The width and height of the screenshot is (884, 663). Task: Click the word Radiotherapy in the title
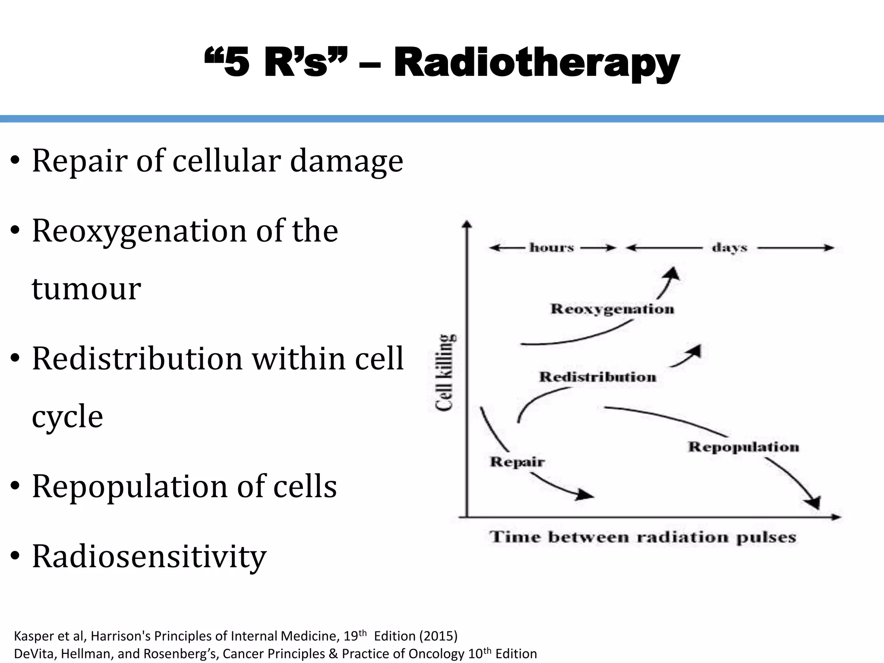coord(537,64)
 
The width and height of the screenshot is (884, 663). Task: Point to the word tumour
coord(86,289)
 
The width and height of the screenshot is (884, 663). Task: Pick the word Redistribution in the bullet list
coord(137,359)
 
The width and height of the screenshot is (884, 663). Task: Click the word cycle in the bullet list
coord(67,417)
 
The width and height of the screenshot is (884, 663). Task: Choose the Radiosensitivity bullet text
coord(149,556)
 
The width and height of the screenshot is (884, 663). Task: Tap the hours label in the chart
coord(552,248)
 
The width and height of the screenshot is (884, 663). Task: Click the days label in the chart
coord(729,248)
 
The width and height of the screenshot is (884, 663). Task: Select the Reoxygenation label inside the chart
coord(612,309)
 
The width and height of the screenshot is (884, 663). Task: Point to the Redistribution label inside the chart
coord(597,377)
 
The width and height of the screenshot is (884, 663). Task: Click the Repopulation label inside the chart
coord(743,447)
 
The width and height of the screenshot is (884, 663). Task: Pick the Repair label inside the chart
coord(517,462)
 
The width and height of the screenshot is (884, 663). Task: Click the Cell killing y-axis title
coord(445,372)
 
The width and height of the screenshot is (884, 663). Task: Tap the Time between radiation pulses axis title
coord(642,537)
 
